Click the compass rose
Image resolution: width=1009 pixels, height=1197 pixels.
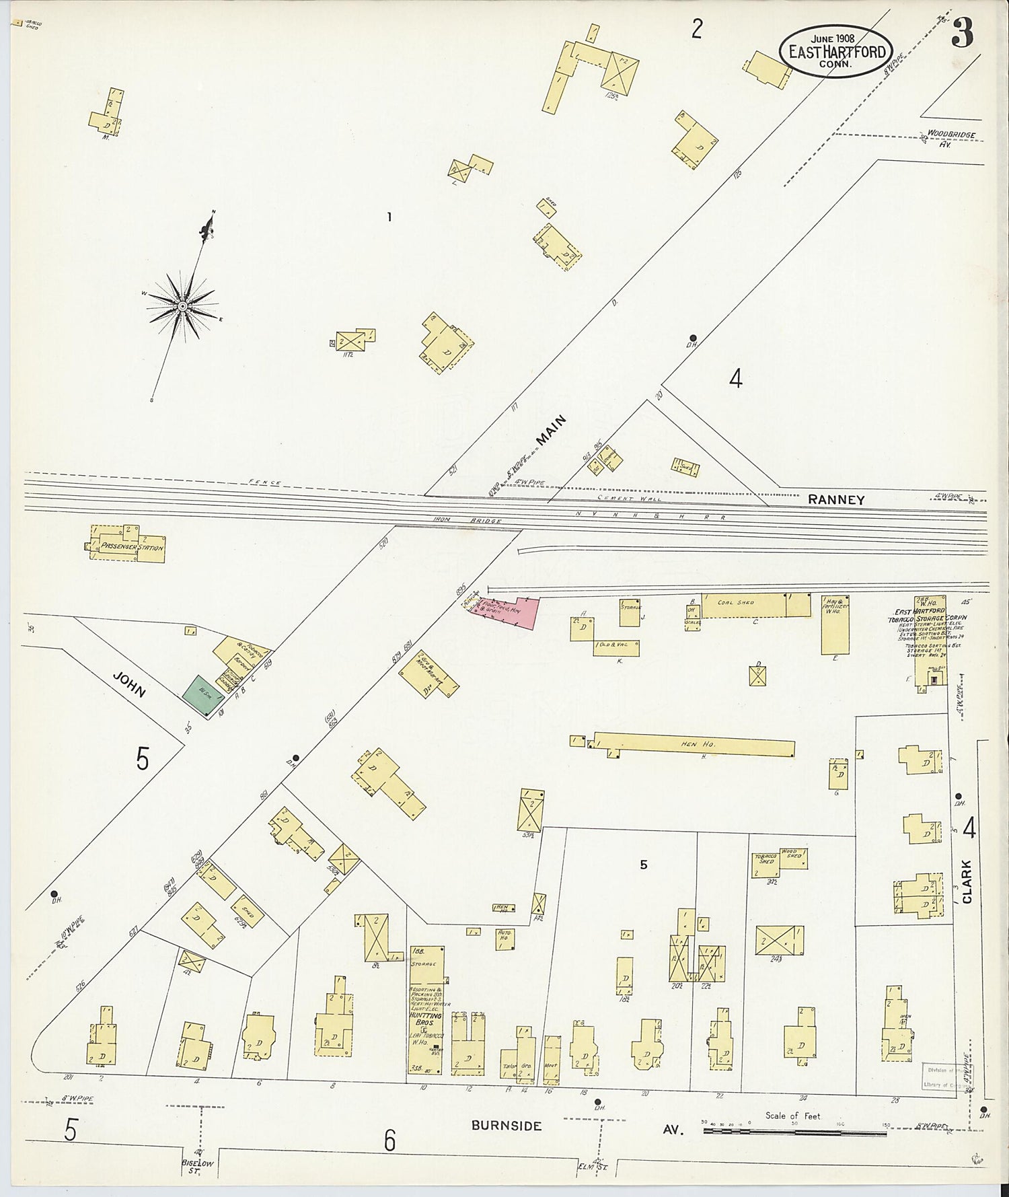click(x=182, y=307)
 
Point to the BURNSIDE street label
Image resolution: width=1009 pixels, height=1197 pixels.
click(x=506, y=1125)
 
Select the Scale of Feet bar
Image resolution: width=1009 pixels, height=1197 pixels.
click(x=794, y=1131)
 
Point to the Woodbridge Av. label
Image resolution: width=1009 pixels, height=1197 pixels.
click(x=949, y=138)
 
